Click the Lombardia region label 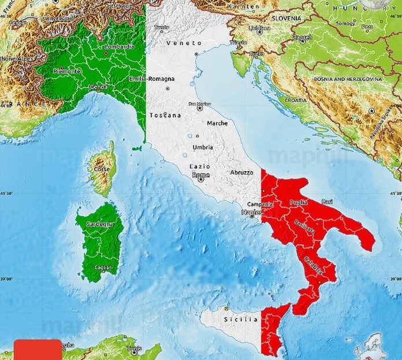click(x=119, y=46)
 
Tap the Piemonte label click(x=67, y=72)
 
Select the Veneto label click(x=184, y=43)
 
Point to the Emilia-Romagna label click(x=152, y=79)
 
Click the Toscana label click(x=165, y=116)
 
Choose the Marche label click(x=217, y=123)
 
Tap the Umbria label click(x=203, y=147)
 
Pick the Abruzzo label click(x=242, y=172)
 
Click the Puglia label click(x=299, y=202)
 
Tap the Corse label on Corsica click(x=102, y=169)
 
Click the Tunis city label click(x=134, y=349)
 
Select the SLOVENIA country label click(x=286, y=18)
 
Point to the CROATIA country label click(x=296, y=100)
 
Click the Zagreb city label click(x=302, y=38)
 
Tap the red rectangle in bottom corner click(x=37, y=350)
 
